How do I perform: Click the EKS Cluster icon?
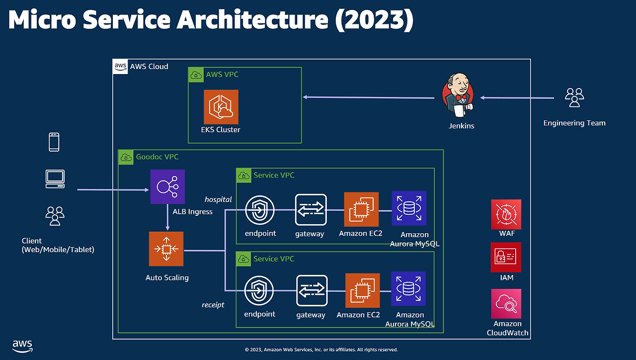tap(221, 107)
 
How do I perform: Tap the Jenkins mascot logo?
tap(458, 96)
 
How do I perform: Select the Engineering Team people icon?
tap(574, 97)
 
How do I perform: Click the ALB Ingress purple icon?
tap(167, 186)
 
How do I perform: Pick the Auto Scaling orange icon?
tap(166, 249)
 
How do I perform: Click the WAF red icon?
tap(506, 214)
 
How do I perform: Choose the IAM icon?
tap(506, 257)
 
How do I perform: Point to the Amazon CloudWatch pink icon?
tap(506, 304)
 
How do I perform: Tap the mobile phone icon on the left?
tap(54, 142)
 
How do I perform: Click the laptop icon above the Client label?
tap(55, 179)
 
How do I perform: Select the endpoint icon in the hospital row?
tap(260, 209)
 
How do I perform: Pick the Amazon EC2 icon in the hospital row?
tap(361, 209)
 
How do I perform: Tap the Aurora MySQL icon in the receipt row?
tap(408, 288)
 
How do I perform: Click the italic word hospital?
tap(218, 199)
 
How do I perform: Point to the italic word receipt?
tap(213, 305)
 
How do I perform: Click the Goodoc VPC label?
tap(157, 157)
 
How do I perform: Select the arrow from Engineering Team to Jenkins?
tap(517, 98)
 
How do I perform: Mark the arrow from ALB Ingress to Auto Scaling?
tap(167, 217)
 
